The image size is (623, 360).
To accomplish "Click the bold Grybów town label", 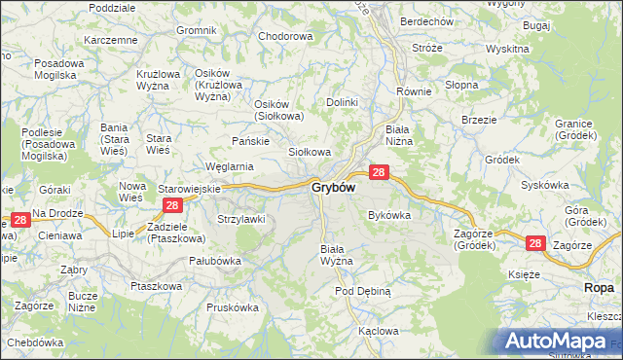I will coord(333,187).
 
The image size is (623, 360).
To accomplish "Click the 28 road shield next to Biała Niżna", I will coord(380,172).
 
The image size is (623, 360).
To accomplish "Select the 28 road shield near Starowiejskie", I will coord(172,205).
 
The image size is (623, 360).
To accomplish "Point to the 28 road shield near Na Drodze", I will coord(19,222).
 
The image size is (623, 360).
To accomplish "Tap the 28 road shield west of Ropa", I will coord(534,243).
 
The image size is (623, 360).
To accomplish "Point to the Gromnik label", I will coord(197,30).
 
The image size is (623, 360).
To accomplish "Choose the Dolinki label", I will coord(343,101).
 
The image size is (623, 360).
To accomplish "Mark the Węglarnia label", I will coord(229,166).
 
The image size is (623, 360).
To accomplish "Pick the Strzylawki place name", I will coord(241,219).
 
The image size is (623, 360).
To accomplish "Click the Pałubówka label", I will coord(214,260).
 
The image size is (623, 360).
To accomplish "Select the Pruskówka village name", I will coord(233,306).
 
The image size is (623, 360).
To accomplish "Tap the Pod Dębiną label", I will coord(362,291).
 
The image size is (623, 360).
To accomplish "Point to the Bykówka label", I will coord(389,215).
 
